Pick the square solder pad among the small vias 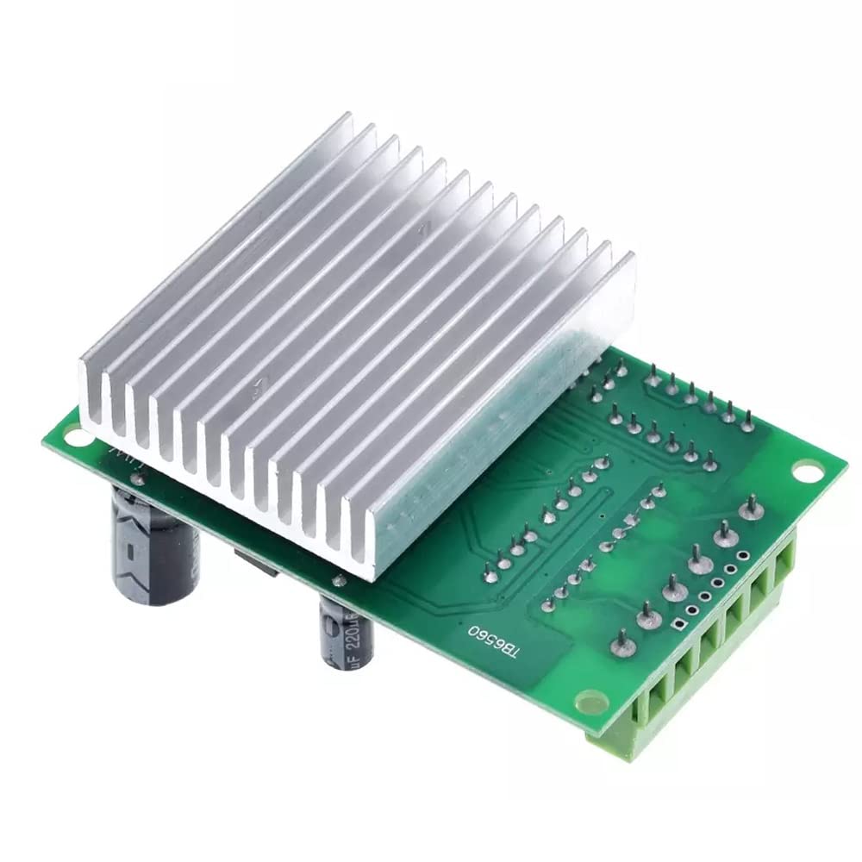coord(679,623)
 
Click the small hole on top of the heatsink coord(422,228)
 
